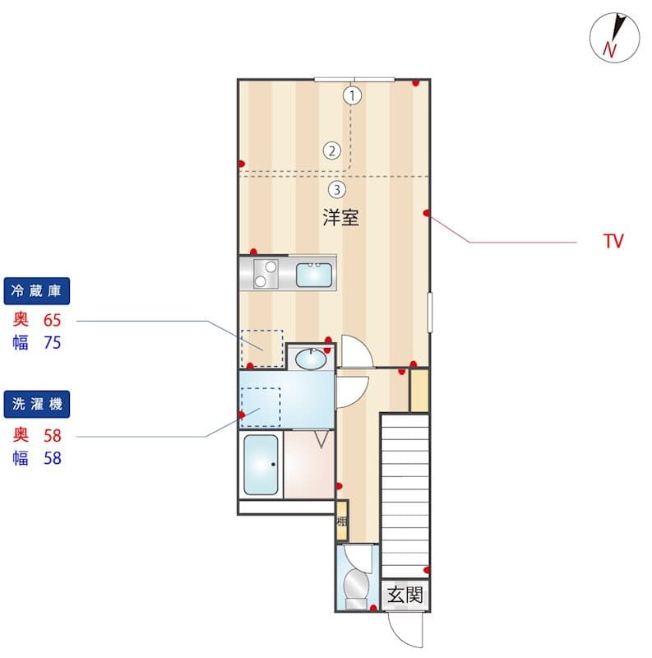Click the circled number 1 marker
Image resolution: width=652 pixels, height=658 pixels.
coord(352,95)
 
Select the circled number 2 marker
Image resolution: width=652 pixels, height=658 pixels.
coord(332,151)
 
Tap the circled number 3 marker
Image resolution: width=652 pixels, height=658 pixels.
coord(337,190)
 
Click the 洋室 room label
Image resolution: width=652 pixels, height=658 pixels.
coord(340,217)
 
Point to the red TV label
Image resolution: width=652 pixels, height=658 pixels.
coord(613,241)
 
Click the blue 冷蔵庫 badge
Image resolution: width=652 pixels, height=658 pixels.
coord(37,291)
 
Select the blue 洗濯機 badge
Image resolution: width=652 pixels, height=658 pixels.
coord(37,404)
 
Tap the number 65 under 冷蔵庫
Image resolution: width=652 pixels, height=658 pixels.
coord(53,320)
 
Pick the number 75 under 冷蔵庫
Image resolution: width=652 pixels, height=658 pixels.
coord(53,343)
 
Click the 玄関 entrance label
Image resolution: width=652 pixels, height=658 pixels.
coord(405,595)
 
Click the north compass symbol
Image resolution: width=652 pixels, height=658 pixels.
coord(615,38)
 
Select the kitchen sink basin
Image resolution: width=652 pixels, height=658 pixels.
coord(314,275)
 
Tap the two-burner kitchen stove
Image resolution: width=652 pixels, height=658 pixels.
coord(266,274)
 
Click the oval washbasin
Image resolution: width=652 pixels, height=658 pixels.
coord(311,359)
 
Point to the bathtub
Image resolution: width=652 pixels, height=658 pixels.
coord(261,465)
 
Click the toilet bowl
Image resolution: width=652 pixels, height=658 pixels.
coord(356,582)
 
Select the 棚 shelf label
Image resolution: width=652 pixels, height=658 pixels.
coord(342,521)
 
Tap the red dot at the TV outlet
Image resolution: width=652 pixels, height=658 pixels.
coord(427,213)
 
